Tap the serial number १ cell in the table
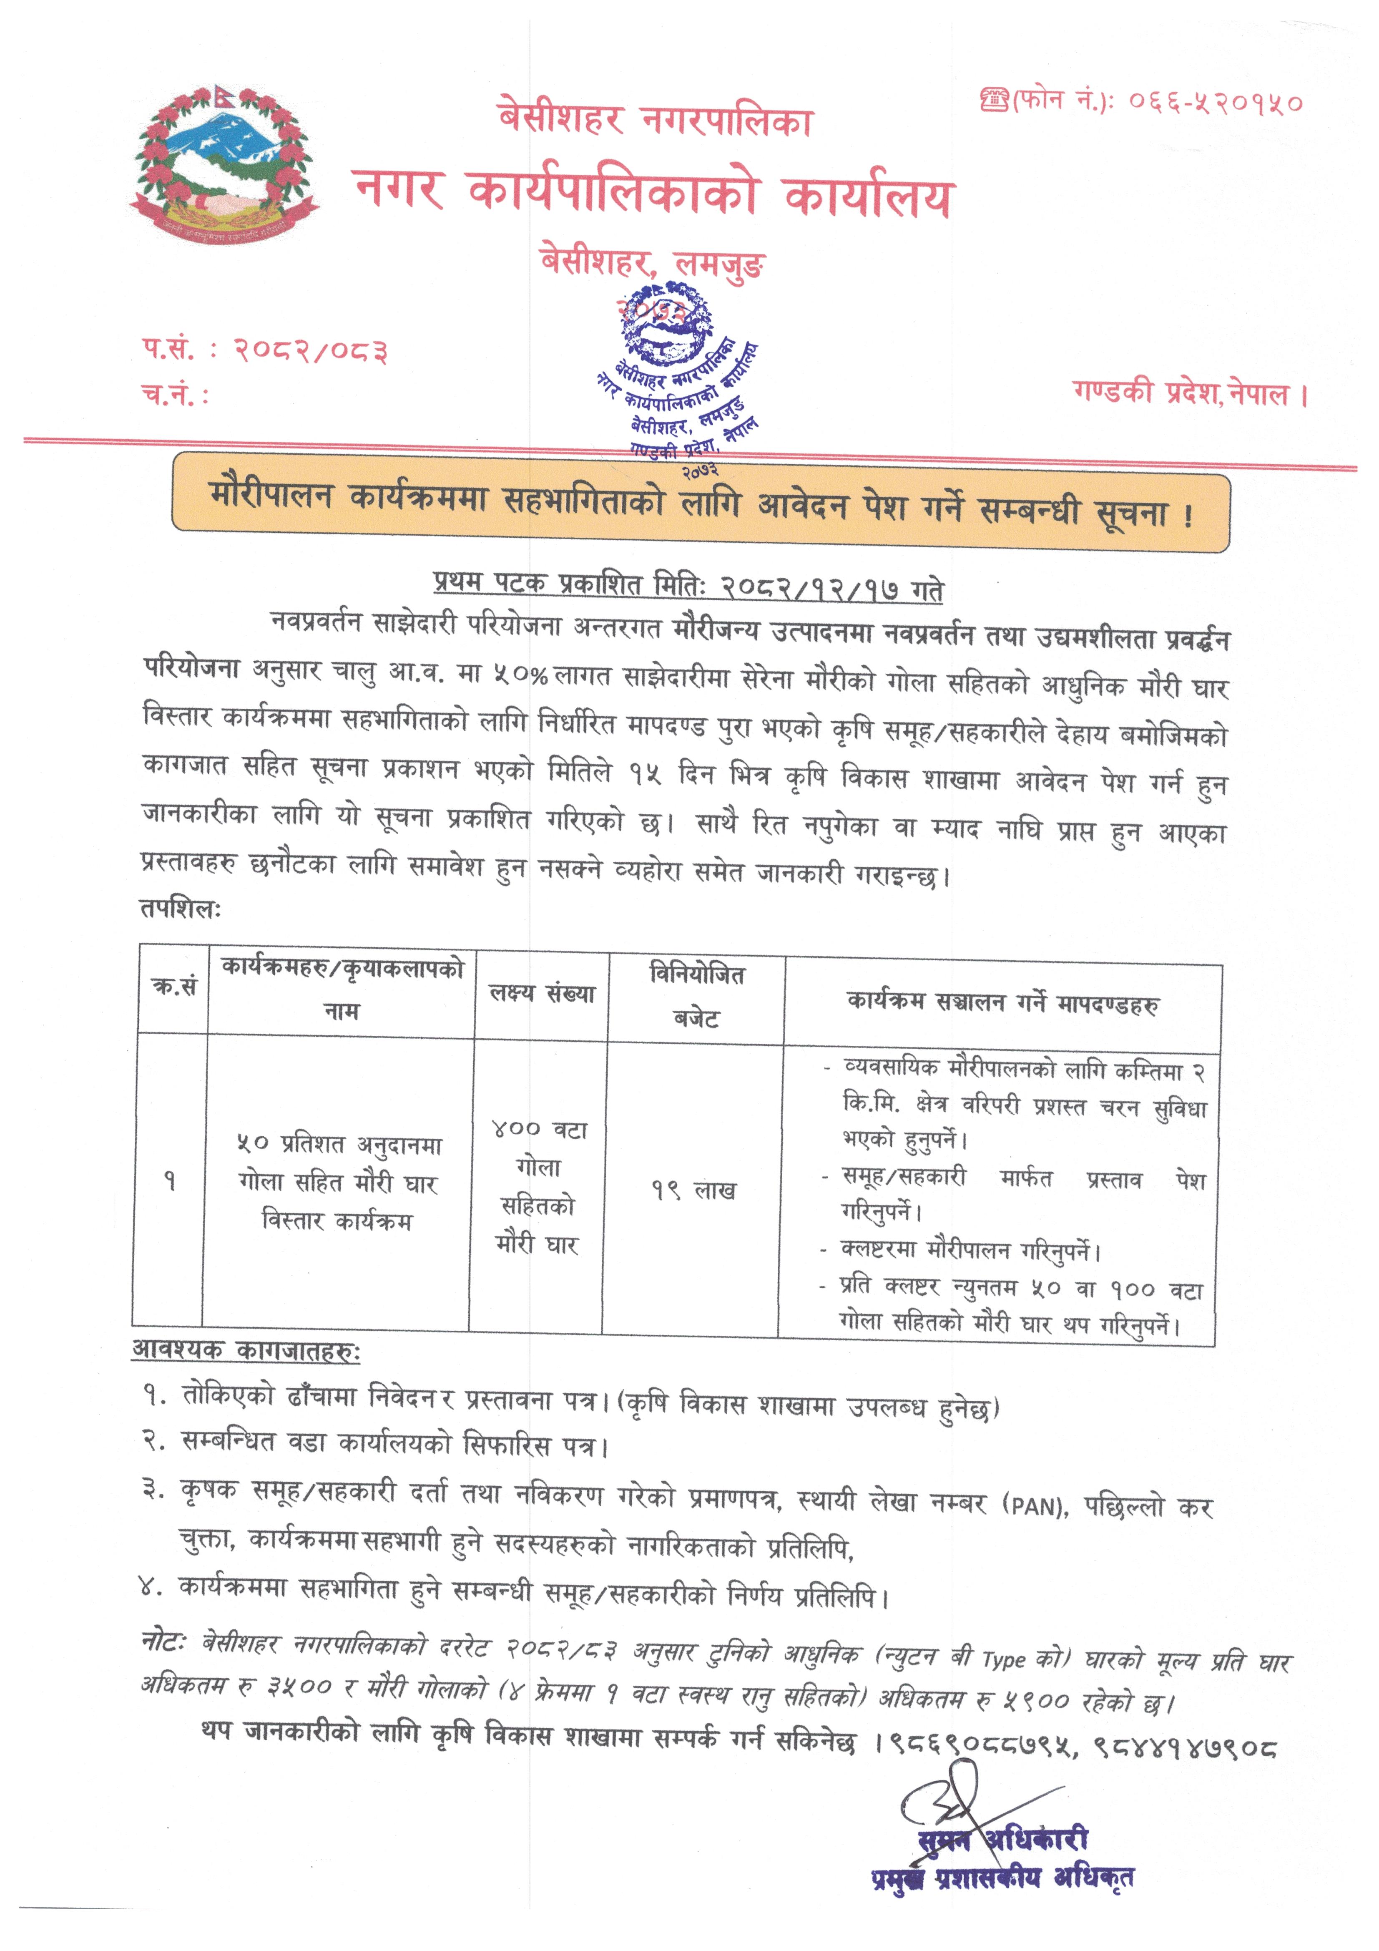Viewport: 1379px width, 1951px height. [170, 1181]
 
